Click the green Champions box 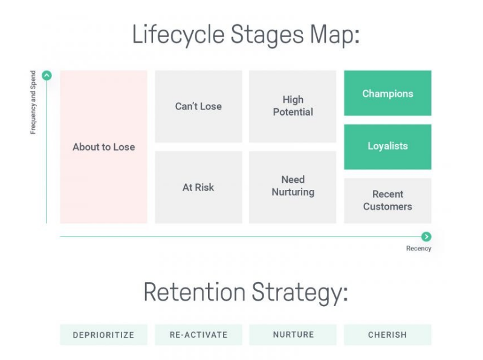point(387,93)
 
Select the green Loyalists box point(387,146)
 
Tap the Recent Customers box point(387,201)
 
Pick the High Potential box point(293,106)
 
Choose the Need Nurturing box point(293,187)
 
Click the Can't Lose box point(198,106)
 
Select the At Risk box point(198,187)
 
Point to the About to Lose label point(104,147)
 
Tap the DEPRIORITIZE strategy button point(103,335)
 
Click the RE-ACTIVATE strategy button point(198,335)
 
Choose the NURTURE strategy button point(293,335)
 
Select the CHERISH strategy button point(387,335)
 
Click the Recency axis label point(419,249)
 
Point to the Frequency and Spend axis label point(33,102)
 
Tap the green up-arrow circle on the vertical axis point(47,76)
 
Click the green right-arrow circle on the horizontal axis point(426,237)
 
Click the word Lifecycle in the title point(178,35)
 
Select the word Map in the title point(334,35)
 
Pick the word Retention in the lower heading point(195,292)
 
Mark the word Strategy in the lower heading point(300,293)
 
